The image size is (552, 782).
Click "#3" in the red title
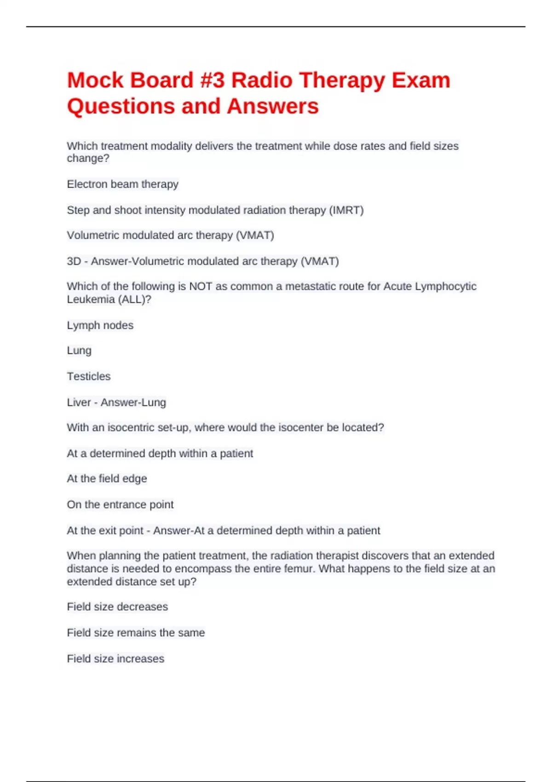click(x=213, y=80)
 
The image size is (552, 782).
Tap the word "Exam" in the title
click(x=420, y=80)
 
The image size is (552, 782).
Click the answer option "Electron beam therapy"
click(x=122, y=184)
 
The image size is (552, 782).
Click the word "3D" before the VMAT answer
click(x=74, y=261)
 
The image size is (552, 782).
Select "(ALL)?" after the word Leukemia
click(x=135, y=299)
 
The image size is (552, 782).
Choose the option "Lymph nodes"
click(x=100, y=325)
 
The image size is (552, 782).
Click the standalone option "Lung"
click(x=79, y=351)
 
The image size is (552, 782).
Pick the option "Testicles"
click(x=89, y=376)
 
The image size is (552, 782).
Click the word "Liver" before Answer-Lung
click(x=79, y=402)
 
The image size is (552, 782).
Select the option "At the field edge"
click(x=107, y=479)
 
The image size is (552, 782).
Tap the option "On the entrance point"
click(x=120, y=505)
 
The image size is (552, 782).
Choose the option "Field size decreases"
click(x=117, y=607)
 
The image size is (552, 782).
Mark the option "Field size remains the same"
click(x=136, y=633)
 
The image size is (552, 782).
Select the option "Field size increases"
click(x=115, y=659)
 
